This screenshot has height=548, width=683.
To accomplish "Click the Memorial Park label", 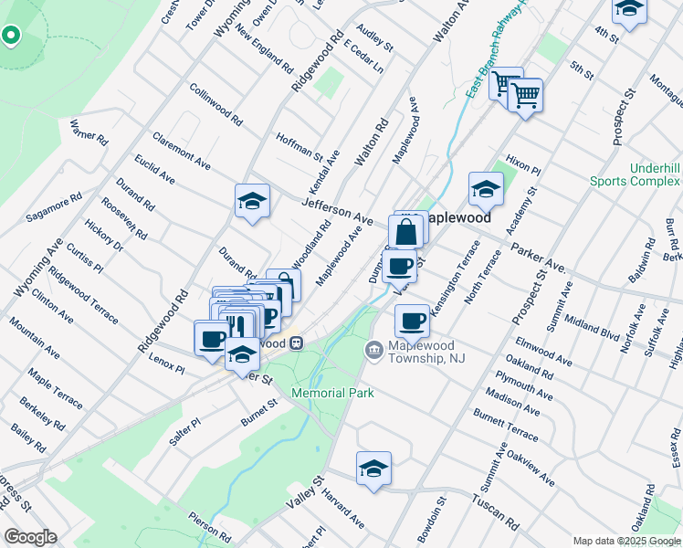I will coord(333,393).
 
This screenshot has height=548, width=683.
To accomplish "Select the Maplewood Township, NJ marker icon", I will coord(373,350).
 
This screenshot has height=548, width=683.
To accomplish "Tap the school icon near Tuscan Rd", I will coord(373,468).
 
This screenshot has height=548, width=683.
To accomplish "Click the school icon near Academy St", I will coord(487,189).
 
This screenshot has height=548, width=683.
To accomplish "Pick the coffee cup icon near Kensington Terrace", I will coord(413,321).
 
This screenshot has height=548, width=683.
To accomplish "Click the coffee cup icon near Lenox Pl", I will coord(212,337).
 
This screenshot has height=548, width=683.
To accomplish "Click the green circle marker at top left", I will coord(11,37).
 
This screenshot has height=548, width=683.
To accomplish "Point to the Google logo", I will coord(29,537).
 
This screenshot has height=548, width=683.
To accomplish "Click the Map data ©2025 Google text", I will coord(625,541).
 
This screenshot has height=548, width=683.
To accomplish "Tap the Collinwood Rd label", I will coord(216,105).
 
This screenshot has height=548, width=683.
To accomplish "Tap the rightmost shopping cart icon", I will coord(525,93).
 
